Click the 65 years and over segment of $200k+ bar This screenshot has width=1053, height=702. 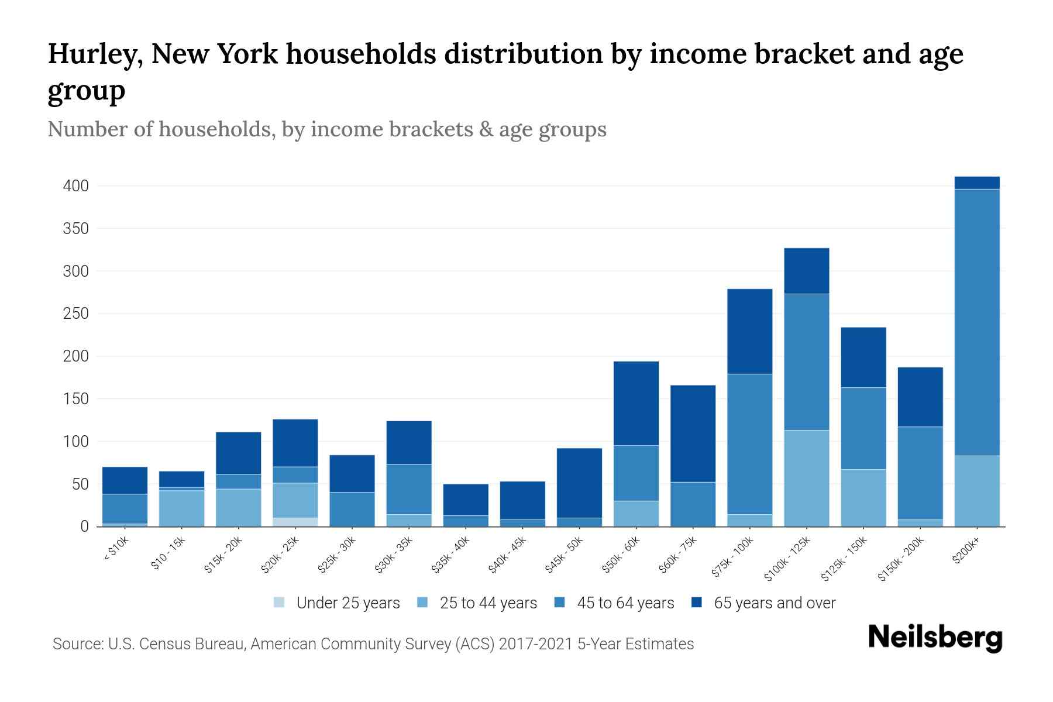976,183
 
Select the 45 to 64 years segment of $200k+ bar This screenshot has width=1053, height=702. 976,322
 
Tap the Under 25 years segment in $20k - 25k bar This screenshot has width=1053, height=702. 295,522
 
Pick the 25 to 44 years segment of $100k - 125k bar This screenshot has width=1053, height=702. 806,478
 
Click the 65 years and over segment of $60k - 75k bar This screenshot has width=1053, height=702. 693,433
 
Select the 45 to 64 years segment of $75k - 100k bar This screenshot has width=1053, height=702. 749,444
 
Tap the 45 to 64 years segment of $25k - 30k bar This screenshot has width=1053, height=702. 352,509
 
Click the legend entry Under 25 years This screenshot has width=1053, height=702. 347,603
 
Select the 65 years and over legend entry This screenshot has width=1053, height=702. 774,603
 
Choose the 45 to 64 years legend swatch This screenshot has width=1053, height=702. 560,603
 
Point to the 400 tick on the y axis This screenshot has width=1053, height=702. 76,186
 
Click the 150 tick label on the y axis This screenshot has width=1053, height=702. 76,399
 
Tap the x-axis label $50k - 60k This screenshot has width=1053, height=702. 622,554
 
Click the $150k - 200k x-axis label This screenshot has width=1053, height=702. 902,558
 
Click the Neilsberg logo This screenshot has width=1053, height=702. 935,637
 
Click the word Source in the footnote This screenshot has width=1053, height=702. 77,644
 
